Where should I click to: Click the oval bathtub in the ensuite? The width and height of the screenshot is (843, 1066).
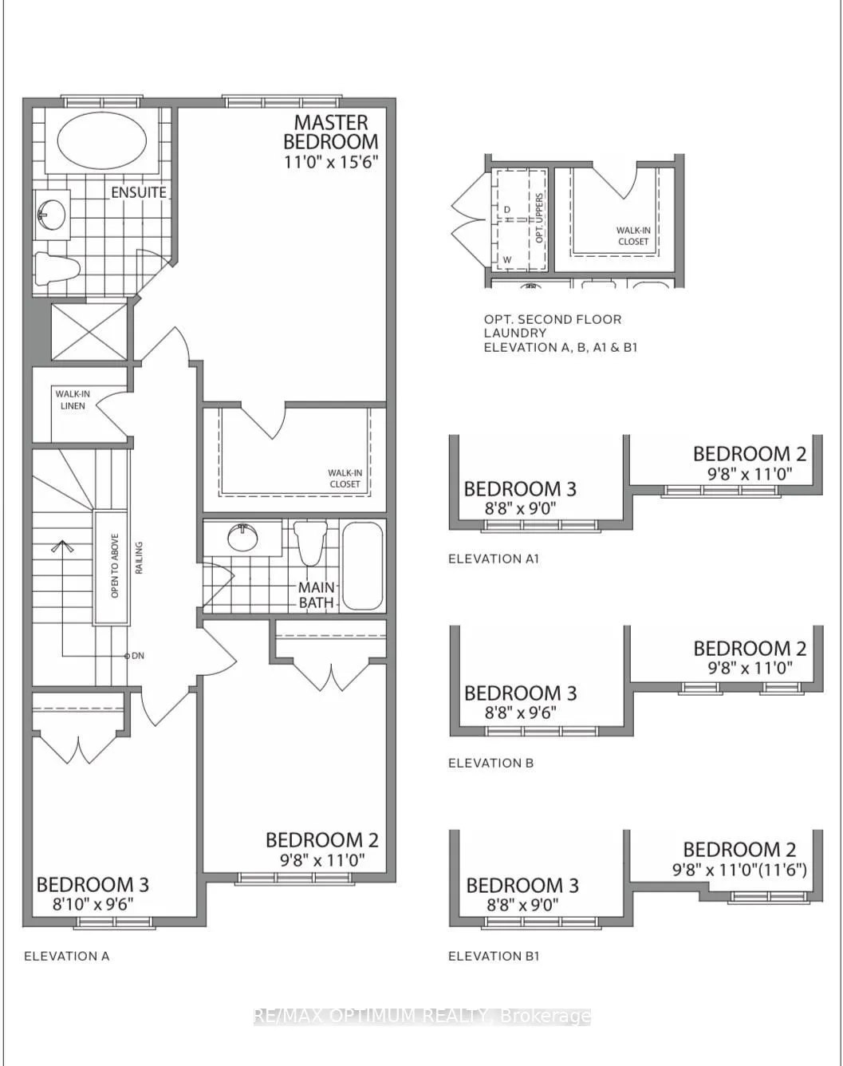(x=102, y=142)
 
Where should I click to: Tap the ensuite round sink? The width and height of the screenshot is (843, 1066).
(x=51, y=215)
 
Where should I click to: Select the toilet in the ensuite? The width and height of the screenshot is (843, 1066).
(x=58, y=269)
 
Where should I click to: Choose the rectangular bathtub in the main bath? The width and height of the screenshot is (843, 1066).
(x=363, y=566)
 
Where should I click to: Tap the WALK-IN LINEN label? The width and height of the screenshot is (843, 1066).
(x=73, y=400)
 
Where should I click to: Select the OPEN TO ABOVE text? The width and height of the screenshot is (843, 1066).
(x=115, y=565)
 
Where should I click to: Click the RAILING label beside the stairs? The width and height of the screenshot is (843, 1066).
(x=140, y=558)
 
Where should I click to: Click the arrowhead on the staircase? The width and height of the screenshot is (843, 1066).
(x=62, y=546)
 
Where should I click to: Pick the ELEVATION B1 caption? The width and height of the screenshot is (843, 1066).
(x=494, y=957)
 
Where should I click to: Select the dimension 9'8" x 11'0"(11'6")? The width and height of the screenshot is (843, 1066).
(x=739, y=870)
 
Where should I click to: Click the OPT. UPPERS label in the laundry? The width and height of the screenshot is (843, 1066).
(x=539, y=218)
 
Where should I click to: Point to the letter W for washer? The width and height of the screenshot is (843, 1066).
(x=507, y=259)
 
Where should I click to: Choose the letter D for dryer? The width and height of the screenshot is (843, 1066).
(x=506, y=210)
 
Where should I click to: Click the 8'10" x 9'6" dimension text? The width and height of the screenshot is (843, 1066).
(x=93, y=905)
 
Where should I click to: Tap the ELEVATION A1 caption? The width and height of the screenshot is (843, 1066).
(x=494, y=559)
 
